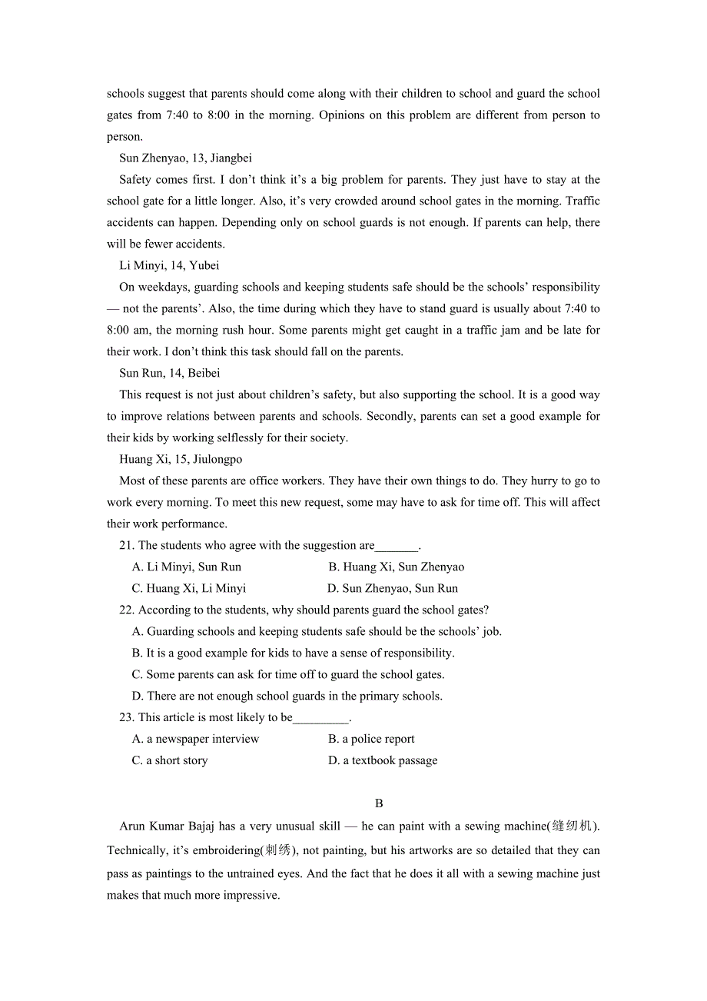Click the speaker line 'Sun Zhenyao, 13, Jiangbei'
pos(185,158)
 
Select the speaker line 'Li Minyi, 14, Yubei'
pos(169,266)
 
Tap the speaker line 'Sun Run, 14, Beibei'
pos(170,374)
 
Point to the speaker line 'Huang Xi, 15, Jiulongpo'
pos(181,460)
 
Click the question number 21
pos(127,546)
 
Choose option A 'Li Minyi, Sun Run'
pos(187,567)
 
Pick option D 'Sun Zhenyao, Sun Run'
pos(392,589)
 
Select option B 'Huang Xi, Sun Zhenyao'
pos(396,567)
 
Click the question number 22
pos(127,610)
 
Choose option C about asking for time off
pos(288,675)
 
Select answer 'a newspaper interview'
pos(196,740)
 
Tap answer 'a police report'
pos(371,740)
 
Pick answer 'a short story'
pos(170,761)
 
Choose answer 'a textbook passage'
pos(383,761)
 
